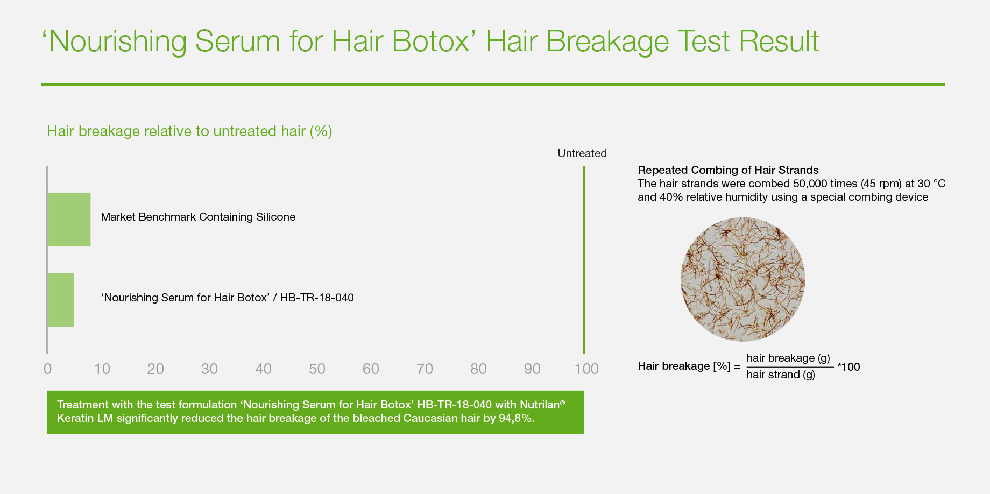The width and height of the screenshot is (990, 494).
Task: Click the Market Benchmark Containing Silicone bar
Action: (69, 220)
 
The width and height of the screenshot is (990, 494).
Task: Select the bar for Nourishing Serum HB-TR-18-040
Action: (61, 300)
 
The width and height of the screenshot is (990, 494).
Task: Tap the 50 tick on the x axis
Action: (317, 369)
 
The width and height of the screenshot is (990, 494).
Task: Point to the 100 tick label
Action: (586, 369)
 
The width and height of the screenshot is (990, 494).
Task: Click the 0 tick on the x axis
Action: (48, 369)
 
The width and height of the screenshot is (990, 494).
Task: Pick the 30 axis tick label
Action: (209, 369)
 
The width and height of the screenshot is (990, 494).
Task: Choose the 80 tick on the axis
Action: (478, 369)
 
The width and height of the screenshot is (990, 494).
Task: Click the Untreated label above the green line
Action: (582, 153)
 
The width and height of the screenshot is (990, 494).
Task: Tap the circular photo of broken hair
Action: (743, 279)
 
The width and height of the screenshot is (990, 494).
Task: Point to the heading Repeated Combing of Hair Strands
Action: (728, 170)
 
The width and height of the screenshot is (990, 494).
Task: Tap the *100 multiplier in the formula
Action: (848, 367)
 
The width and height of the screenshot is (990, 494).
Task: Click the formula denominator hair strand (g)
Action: (781, 375)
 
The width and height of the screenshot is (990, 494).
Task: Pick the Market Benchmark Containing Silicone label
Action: (198, 217)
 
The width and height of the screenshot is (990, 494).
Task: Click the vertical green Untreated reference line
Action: (584, 259)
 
